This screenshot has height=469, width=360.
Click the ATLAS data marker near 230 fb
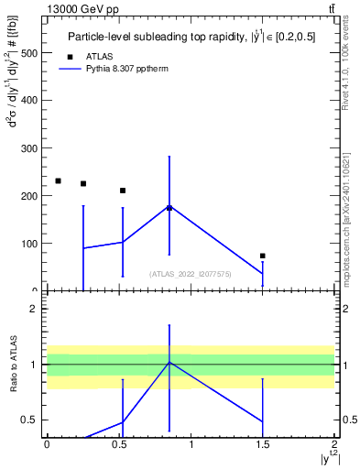click(58, 180)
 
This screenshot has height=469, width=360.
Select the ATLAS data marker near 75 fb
click(262, 256)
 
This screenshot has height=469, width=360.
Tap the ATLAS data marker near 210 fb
click(123, 191)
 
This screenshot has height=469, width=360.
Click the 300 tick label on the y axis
click(27, 147)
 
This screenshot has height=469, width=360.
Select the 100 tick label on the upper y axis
click(27, 243)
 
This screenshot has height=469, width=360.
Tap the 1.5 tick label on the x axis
click(262, 445)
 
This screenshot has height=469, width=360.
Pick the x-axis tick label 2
click(333, 445)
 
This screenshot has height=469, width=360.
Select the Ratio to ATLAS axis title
click(12, 365)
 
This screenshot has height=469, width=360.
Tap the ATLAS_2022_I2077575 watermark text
click(191, 273)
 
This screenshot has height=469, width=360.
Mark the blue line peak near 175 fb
click(169, 207)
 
